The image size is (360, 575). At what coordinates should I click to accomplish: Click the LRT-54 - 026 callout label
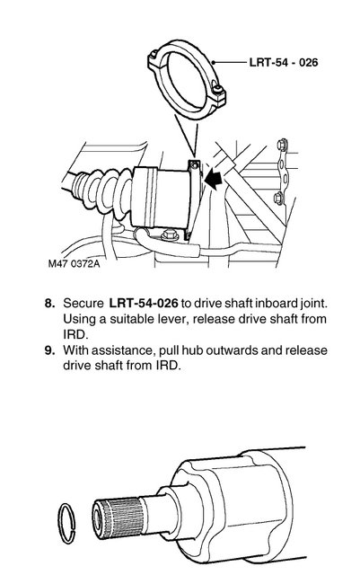pos(284,62)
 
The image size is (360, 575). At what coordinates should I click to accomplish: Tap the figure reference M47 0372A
pos(74,263)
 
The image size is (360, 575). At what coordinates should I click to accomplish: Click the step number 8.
pos(50,304)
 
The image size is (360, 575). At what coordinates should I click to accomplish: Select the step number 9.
pos(50,350)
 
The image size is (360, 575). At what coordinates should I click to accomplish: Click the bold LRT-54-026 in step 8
pos(144,304)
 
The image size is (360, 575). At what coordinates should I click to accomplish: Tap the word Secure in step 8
pos(83,304)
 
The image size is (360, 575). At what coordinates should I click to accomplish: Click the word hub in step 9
pos(192,350)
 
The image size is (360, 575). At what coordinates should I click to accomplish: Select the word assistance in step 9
pos(122,350)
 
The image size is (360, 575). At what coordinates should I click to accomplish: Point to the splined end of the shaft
pos(116,518)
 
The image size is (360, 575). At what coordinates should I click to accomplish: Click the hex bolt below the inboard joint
pos(169,234)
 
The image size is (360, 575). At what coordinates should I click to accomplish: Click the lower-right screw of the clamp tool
pos(219,90)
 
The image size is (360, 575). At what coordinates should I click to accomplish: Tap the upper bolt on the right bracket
pos(282,144)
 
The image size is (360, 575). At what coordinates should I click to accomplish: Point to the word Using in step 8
pos(79,320)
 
